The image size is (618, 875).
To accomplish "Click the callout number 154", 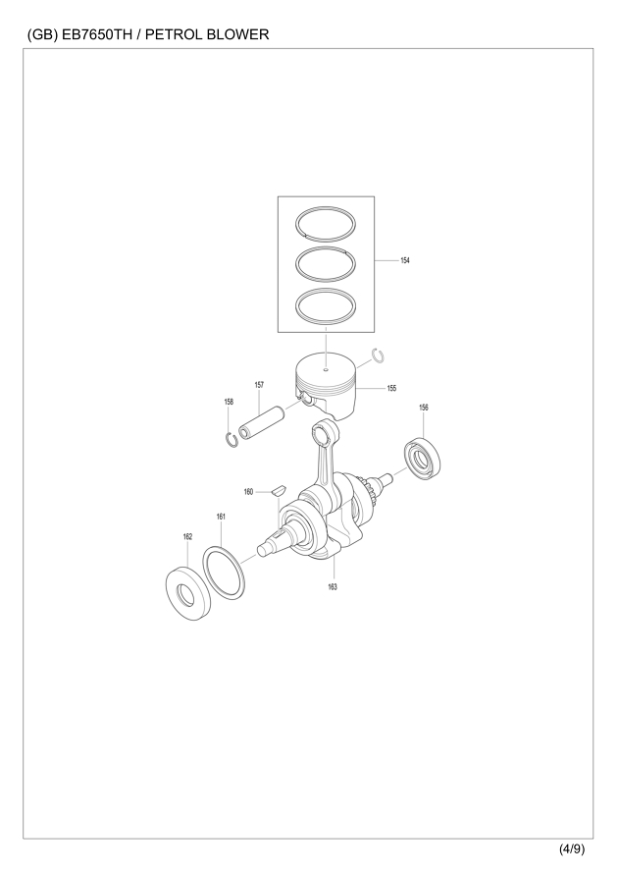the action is coord(405,260).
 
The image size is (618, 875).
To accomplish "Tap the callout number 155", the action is coord(391,388).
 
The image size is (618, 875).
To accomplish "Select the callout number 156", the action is coord(424,408).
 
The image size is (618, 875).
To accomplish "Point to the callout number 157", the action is coord(259,385).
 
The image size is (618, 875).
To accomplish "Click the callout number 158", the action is coord(229,402).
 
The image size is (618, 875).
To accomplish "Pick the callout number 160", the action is coord(248,492).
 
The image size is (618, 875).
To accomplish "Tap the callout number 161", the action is coord(221,517).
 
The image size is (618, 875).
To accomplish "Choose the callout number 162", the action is coord(187,537).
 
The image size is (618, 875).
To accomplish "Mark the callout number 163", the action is coord(333,587).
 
